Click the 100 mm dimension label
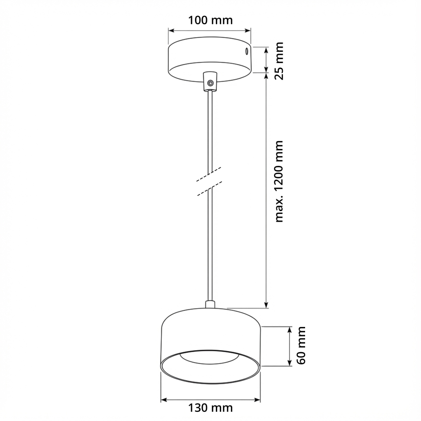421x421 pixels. coord(210,20)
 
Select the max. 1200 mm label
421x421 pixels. coord(278,181)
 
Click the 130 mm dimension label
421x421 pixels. coord(210,408)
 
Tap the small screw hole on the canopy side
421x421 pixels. coord(246,50)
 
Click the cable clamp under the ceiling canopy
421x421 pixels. coord(210,80)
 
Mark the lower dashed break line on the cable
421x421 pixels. coord(209,189)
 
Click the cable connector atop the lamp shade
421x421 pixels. coord(210,305)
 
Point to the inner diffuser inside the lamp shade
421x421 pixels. coord(210,356)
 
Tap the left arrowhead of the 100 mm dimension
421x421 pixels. coord(171,30)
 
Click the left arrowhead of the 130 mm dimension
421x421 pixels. coord(164,400)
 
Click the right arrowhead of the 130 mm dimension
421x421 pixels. coord(257,400)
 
